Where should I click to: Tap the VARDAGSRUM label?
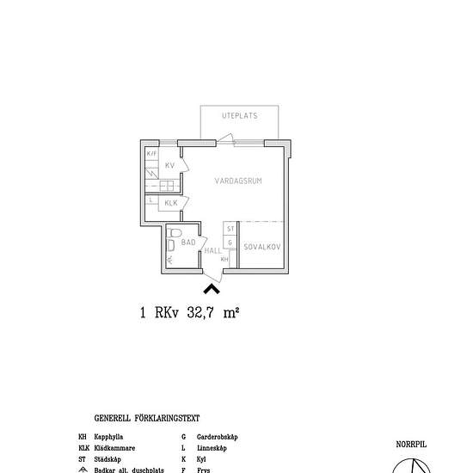[x=238, y=181]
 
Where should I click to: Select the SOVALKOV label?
[x=262, y=248]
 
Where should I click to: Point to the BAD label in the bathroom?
[x=188, y=243]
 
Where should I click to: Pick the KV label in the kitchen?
[x=170, y=165]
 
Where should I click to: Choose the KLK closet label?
[x=171, y=203]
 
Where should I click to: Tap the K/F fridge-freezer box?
[x=151, y=154]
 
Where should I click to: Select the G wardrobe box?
[x=230, y=243]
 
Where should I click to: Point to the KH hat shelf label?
[x=225, y=259]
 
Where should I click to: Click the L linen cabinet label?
[x=151, y=201]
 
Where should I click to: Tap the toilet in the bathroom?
[x=174, y=233]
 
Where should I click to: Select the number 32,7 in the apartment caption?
[x=202, y=314]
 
